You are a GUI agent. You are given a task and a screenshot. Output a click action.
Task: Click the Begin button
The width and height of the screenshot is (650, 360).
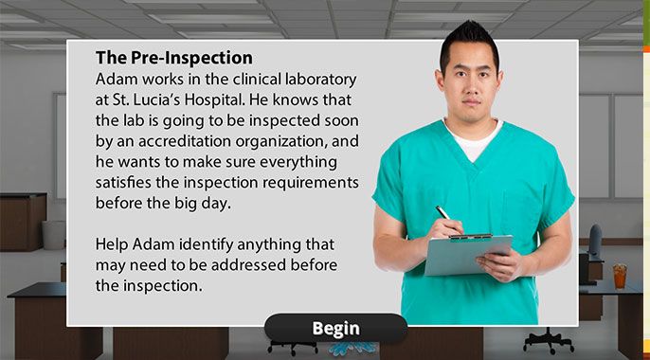[335, 329]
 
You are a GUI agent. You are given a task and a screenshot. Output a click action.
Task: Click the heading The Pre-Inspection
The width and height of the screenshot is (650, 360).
[174, 58]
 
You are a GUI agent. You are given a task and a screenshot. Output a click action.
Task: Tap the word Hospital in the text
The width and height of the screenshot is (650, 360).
[213, 99]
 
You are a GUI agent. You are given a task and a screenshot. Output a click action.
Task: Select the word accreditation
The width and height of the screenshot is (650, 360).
[185, 141]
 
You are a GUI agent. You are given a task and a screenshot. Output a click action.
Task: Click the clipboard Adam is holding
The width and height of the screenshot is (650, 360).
[468, 254]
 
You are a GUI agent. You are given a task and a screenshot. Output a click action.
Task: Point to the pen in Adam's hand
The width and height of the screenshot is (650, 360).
[447, 217]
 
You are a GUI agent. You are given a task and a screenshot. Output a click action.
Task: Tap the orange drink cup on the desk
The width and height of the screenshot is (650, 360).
[620, 277]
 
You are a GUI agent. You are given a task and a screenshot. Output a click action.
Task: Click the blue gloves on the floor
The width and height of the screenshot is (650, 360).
[352, 349]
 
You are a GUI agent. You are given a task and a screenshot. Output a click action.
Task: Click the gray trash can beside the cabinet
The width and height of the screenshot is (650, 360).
[54, 235]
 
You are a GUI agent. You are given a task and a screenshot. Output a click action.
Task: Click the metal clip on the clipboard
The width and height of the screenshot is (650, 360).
[471, 237]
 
